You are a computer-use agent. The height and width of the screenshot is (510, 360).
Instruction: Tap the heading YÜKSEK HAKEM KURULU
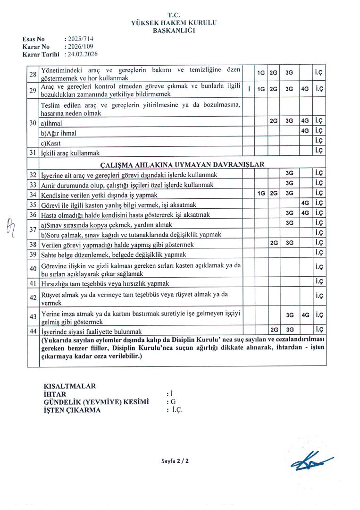click(177, 23)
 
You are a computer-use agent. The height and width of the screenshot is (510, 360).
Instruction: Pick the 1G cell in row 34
click(260, 194)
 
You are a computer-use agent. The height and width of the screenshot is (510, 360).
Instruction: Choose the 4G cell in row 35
click(305, 204)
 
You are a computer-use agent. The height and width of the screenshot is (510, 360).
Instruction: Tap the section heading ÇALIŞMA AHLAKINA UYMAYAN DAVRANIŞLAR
click(182, 164)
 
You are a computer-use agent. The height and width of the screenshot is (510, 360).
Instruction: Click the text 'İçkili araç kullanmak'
click(71, 152)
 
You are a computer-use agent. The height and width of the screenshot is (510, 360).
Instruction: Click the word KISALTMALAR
click(69, 386)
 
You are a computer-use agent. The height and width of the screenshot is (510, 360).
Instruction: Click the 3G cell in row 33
click(289, 183)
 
